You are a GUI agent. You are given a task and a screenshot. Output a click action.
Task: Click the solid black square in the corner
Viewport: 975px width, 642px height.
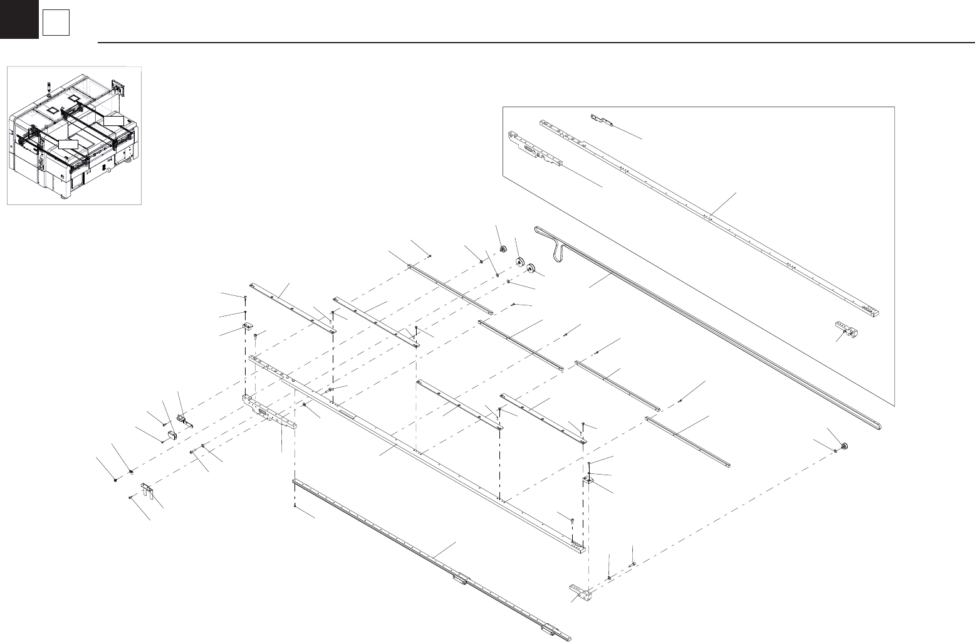click(x=19, y=19)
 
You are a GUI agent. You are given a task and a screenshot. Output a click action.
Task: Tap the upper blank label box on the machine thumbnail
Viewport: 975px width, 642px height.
click(x=113, y=120)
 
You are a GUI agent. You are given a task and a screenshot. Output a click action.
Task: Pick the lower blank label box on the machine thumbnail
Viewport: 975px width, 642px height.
click(x=67, y=144)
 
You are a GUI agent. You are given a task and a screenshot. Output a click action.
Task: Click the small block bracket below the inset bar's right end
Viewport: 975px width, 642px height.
click(x=847, y=328)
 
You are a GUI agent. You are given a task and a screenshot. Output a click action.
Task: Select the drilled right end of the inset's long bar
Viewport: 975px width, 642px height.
click(x=872, y=310)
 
